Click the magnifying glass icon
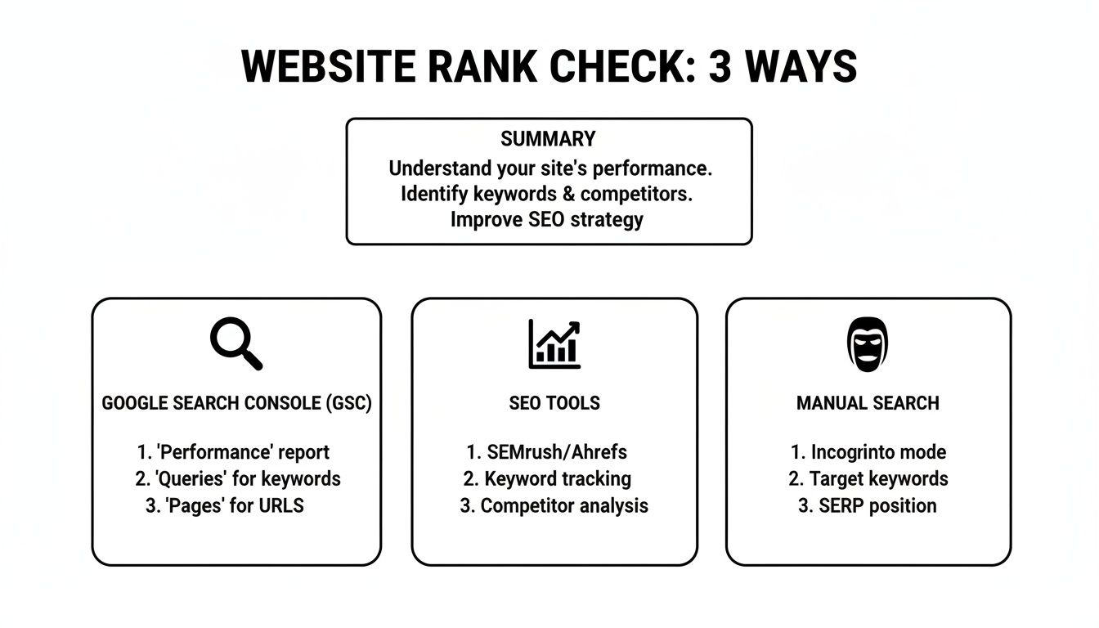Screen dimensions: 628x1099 click(236, 344)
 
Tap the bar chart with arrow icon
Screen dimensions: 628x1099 click(554, 343)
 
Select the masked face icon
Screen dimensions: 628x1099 click(867, 344)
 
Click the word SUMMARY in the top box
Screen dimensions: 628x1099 click(548, 139)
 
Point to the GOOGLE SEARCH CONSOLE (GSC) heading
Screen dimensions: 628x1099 click(236, 403)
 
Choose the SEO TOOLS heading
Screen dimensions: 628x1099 click(554, 403)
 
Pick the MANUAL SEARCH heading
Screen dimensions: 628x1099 click(868, 403)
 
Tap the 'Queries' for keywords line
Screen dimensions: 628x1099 click(237, 479)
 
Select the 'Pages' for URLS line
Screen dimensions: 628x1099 click(225, 506)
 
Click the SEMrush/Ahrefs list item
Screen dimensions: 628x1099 click(546, 452)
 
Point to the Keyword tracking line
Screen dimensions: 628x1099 click(547, 479)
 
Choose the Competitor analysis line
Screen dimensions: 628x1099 click(554, 506)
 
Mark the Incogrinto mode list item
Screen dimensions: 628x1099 click(868, 452)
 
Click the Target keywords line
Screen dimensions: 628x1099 click(868, 479)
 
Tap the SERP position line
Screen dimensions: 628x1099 click(868, 506)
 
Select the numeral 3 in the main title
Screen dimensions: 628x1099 click(720, 67)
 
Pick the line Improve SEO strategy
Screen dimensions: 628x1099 click(547, 220)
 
